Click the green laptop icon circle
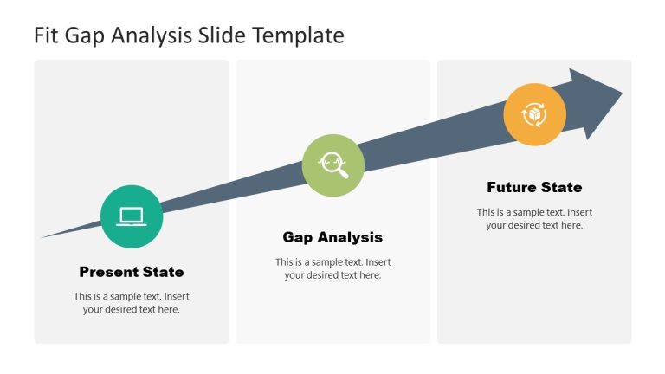tap(132, 216)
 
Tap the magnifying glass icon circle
tap(333, 164)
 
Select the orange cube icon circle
tap(535, 114)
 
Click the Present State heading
tap(132, 272)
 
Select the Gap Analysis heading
tap(332, 237)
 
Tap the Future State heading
tap(534, 187)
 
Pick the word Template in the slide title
tap(301, 35)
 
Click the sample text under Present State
tap(132, 302)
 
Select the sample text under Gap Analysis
tap(332, 268)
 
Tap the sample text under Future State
tap(534, 218)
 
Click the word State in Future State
tap(561, 187)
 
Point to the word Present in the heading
tap(109, 272)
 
